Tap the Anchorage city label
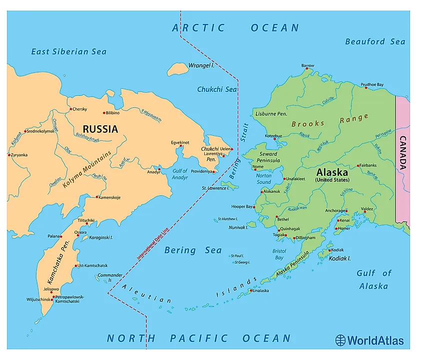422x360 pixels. (x=335, y=211)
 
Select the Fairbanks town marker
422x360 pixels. (x=358, y=165)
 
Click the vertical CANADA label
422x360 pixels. (x=403, y=153)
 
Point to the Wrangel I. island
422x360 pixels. (x=177, y=69)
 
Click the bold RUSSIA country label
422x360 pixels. (x=100, y=129)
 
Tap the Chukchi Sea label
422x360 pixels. (x=217, y=89)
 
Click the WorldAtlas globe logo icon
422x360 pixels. (x=341, y=341)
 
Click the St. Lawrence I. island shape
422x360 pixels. (x=229, y=186)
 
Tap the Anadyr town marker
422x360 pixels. (x=159, y=170)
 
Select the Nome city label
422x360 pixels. (x=258, y=167)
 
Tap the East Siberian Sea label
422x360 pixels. (x=69, y=51)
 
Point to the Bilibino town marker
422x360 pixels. (x=104, y=113)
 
